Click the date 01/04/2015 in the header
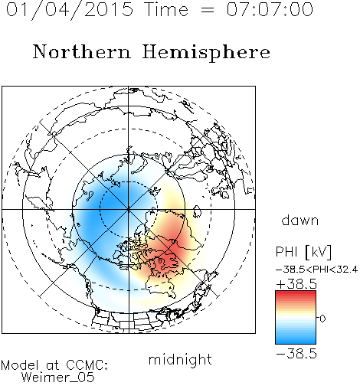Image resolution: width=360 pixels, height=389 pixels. [70, 10]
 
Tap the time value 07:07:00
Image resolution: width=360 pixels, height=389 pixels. [270, 9]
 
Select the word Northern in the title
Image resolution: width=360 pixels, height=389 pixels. [82, 52]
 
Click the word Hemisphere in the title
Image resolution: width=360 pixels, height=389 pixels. [206, 53]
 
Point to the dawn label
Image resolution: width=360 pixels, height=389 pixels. [300, 220]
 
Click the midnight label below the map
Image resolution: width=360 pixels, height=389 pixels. [180, 359]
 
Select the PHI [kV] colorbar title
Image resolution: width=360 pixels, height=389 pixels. [304, 252]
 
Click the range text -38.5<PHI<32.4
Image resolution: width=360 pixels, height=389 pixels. [316, 270]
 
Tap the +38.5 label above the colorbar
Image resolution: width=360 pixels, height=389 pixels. [296, 284]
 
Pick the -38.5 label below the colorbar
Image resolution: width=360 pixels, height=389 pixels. [296, 354]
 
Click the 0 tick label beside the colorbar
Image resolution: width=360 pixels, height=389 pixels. [322, 319]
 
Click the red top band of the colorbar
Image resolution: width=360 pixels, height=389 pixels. [296, 295]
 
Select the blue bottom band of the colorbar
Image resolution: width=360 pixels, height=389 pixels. [296, 340]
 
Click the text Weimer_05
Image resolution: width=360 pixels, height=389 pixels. [58, 377]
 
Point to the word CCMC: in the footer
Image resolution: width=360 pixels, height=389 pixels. [87, 365]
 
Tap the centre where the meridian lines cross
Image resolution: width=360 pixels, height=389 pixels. [128, 209]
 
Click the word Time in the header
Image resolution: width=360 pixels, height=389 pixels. [166, 9]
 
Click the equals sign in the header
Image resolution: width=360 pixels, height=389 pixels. [208, 10]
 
